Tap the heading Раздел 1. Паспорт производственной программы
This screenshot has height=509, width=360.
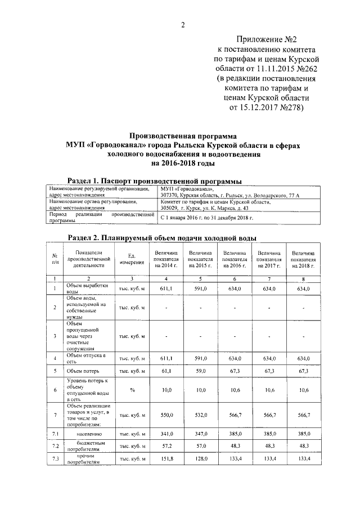coord(155,181)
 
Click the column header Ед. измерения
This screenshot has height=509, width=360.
coord(132,259)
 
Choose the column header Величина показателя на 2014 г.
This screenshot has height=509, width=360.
coord(166,259)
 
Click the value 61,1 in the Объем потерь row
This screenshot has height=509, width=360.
coord(166,371)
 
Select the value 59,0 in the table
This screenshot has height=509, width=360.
coord(200,371)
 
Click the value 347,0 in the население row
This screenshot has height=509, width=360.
coord(200,435)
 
